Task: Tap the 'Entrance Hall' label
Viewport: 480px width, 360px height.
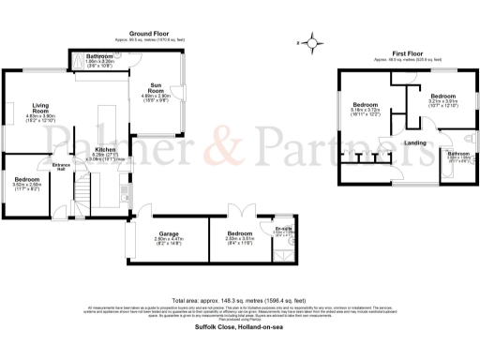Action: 61,167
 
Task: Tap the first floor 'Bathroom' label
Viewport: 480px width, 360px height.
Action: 458,154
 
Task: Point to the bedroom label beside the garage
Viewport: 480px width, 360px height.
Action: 239,234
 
